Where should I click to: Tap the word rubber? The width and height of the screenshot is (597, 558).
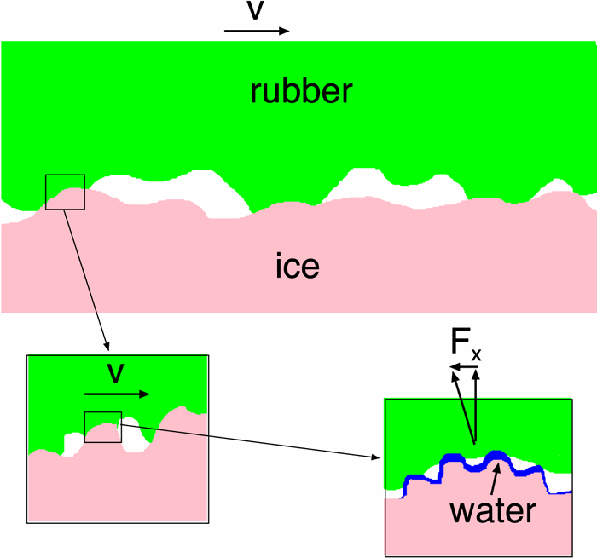pyautogui.click(x=300, y=90)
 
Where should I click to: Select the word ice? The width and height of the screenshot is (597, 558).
pyautogui.click(x=297, y=267)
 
